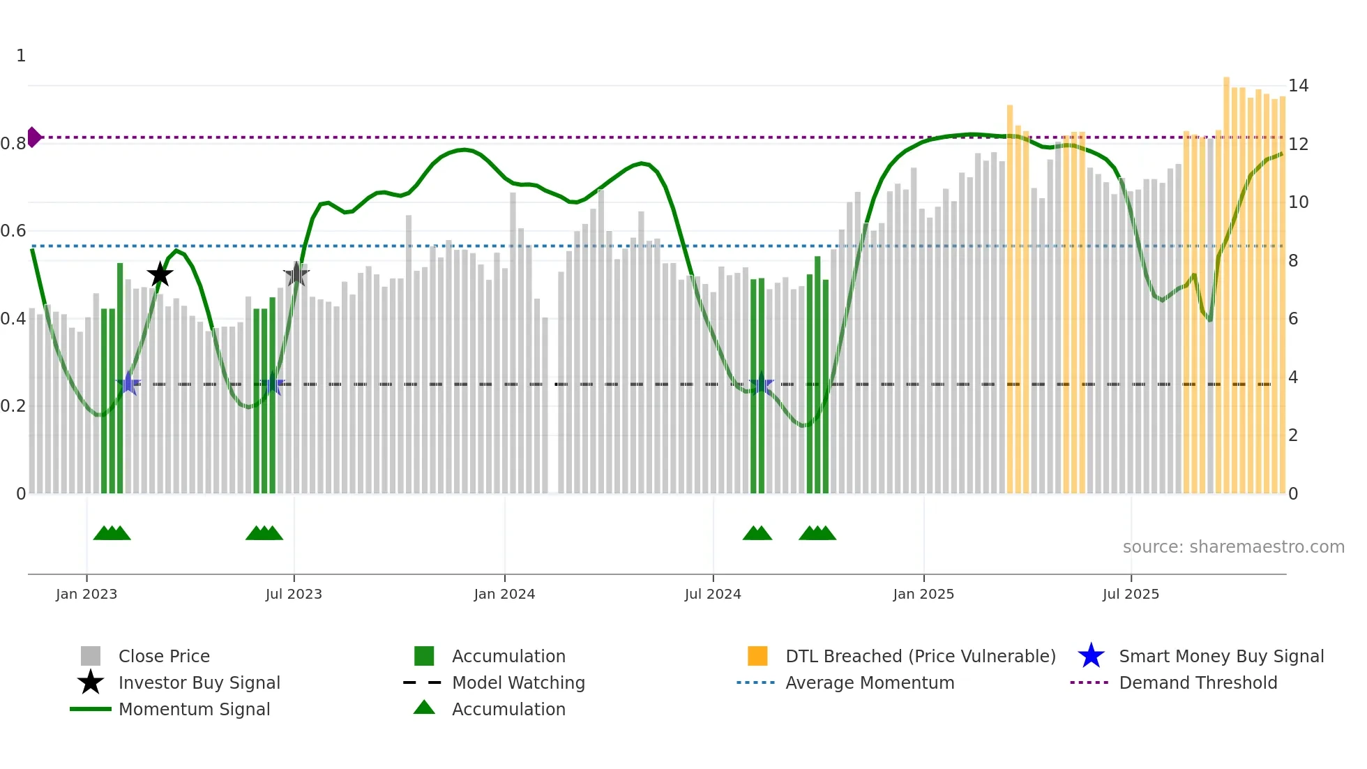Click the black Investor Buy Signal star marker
(160, 274)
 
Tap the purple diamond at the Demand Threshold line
(33, 137)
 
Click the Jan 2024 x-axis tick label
(504, 594)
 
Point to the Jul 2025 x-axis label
(1131, 594)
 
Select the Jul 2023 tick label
(294, 594)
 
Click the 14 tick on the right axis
(1298, 86)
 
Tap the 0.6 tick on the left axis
(13, 231)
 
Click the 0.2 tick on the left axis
(13, 406)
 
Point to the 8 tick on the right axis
(1293, 261)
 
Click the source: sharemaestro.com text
(1233, 547)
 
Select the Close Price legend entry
(164, 656)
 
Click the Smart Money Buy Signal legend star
(1091, 656)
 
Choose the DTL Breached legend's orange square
(757, 656)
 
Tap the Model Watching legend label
(518, 682)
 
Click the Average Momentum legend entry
(870, 682)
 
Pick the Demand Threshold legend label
(1198, 682)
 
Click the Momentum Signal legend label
(194, 709)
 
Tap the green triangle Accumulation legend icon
(424, 708)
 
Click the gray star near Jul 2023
(296, 274)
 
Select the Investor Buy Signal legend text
(199, 682)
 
